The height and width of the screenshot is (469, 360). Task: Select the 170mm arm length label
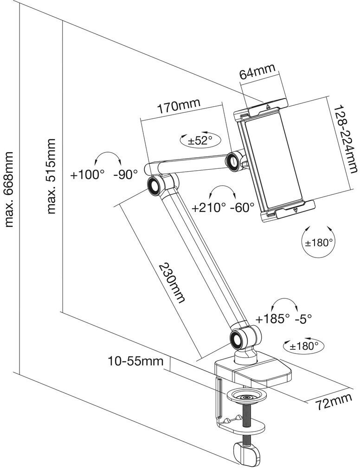coord(179,106)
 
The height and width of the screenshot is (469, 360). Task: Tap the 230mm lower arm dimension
coord(171,283)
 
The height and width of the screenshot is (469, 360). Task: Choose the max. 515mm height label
coord(51,176)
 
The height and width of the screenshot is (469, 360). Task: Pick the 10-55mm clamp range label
coord(135,361)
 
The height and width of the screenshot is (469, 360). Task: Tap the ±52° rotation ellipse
coord(200,139)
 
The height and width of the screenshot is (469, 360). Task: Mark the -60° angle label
coord(242,207)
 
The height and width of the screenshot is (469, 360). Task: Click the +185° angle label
coord(273,319)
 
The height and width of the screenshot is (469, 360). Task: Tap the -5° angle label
coord(303,319)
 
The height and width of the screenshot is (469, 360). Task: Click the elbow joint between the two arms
coord(155,186)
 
